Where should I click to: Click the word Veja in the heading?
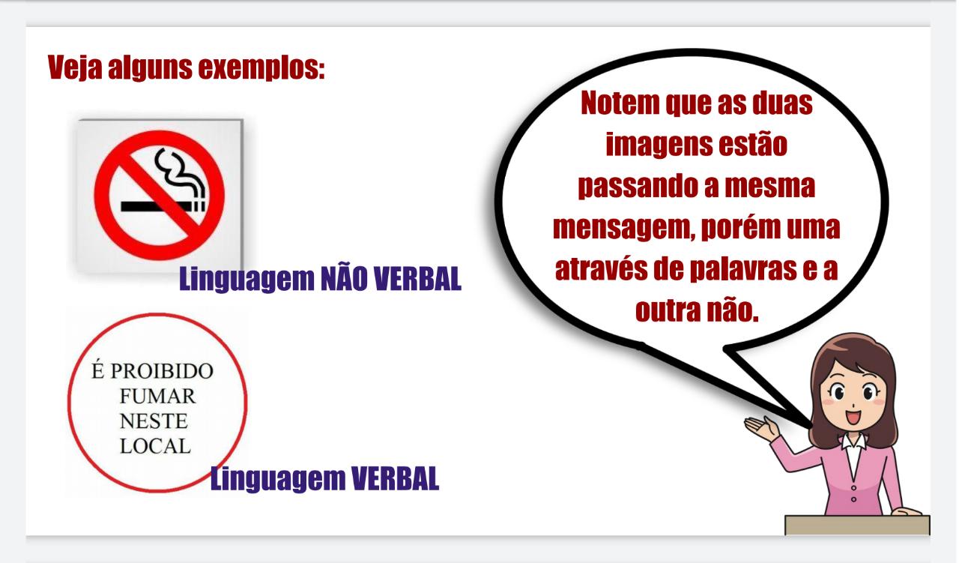[75, 67]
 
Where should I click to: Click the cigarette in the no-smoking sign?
[163, 206]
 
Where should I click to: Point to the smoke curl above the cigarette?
[179, 175]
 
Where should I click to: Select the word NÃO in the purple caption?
[344, 278]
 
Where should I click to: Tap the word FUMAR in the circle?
[157, 397]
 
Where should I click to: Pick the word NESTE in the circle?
[154, 421]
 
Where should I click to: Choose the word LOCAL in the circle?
[155, 446]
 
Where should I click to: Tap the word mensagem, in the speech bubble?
[626, 229]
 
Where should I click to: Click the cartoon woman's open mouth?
[853, 417]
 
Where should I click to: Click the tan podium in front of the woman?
[857, 525]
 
